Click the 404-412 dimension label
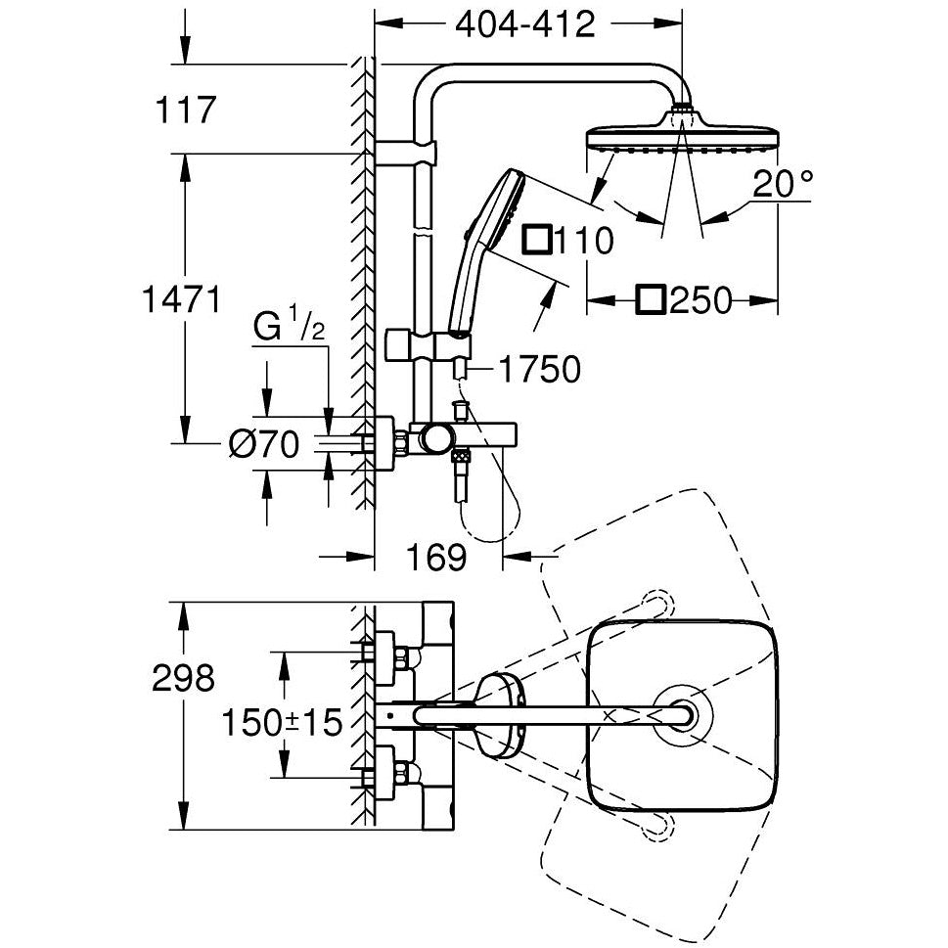click(524, 24)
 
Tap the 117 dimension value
click(186, 110)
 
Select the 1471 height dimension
click(182, 299)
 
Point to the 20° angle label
click(783, 183)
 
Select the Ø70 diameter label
click(263, 444)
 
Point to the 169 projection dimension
click(436, 557)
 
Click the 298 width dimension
click(183, 678)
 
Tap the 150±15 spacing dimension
click(283, 722)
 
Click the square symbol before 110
click(537, 239)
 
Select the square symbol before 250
click(652, 300)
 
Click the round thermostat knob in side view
click(436, 439)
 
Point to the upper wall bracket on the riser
click(406, 153)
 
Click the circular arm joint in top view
click(682, 715)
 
